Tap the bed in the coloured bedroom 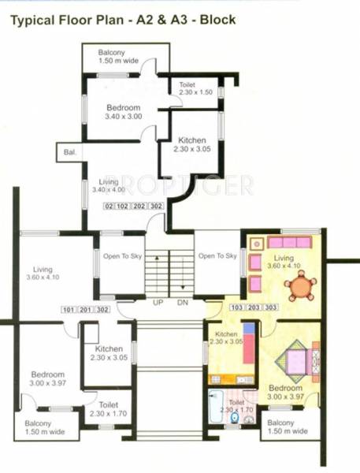[296, 362]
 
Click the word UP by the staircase [158, 303]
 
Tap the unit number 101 [69, 309]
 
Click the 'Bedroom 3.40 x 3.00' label [123, 111]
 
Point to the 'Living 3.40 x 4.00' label [104, 185]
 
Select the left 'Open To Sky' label [120, 255]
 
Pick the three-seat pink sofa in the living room [289, 242]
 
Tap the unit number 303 [269, 307]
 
